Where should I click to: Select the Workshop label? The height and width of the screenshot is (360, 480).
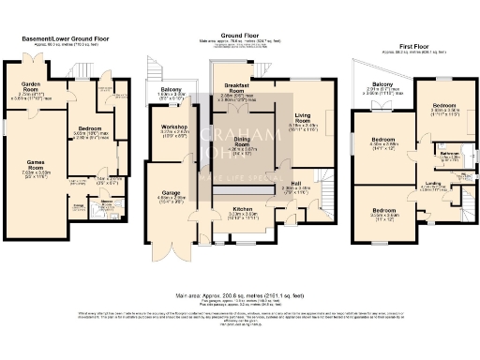[x=174, y=127]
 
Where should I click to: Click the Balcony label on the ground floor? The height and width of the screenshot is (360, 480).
[x=172, y=91]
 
